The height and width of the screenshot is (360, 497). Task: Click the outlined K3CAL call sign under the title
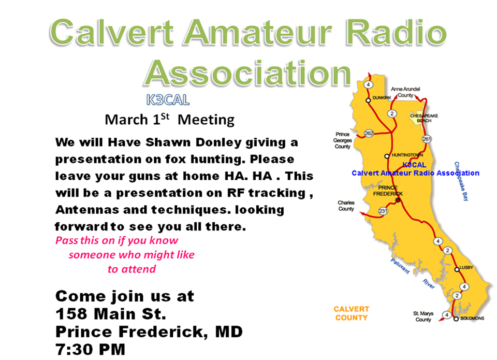168,100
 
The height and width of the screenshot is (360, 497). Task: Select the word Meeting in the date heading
206,120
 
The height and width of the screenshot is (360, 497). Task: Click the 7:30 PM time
90,349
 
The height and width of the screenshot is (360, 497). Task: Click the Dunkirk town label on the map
382,98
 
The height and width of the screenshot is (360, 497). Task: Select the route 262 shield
369,133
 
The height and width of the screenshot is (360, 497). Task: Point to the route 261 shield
427,139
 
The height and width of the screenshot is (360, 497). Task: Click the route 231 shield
383,211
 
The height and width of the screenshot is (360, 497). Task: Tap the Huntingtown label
407,155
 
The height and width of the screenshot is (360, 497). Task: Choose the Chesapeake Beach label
424,118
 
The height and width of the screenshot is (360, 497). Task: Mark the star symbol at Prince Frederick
398,200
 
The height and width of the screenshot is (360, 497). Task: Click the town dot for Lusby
457,269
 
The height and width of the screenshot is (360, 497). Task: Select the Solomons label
472,318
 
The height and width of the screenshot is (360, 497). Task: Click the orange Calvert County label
351,313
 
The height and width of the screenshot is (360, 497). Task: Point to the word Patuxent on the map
400,266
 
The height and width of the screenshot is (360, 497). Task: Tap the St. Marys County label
423,316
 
